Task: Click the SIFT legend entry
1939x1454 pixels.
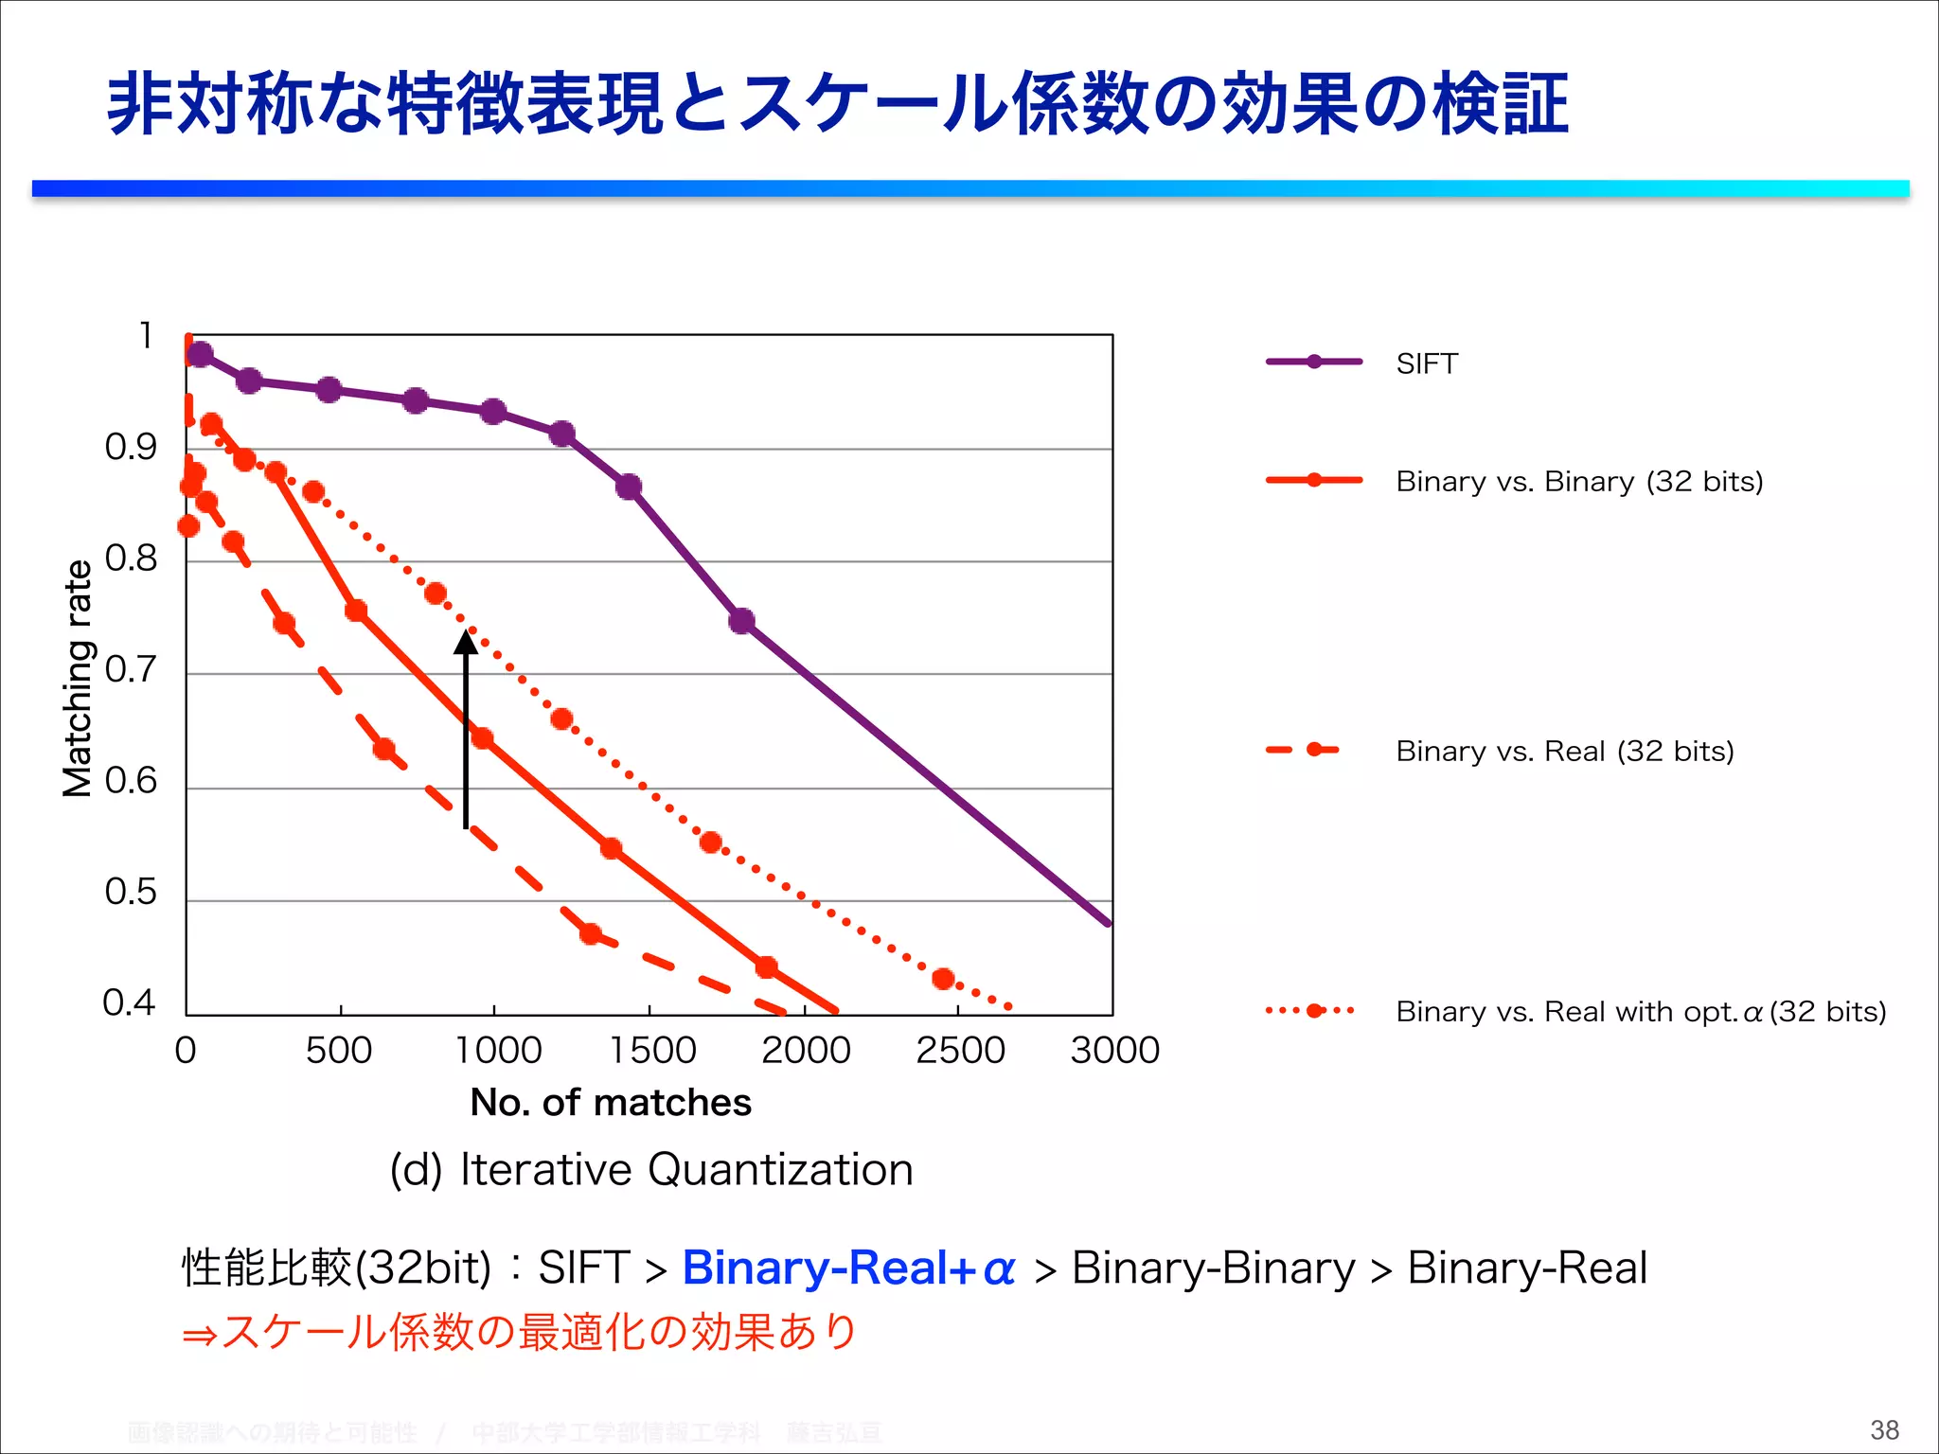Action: coord(1426,363)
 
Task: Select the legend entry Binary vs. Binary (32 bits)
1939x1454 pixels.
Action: coord(1578,482)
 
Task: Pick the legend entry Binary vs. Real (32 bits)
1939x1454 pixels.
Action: coord(1564,752)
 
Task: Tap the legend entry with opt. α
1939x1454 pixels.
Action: coord(1640,1012)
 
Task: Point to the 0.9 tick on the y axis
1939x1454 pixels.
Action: coord(131,448)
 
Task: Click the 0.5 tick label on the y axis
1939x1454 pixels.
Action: coord(131,893)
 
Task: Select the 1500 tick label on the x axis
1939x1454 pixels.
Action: coord(651,1051)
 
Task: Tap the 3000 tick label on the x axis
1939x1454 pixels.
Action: coord(1114,1051)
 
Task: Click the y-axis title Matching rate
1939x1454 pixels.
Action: coord(78,678)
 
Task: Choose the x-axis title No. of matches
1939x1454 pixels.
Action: coord(611,1103)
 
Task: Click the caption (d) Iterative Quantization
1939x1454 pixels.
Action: coord(651,1170)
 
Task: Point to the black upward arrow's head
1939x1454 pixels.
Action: coord(465,643)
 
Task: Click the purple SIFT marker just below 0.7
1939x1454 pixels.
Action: coord(741,621)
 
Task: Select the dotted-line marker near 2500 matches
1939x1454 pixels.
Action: coord(943,978)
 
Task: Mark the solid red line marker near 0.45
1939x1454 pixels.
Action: coord(766,966)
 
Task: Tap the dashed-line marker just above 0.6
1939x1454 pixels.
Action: coord(383,750)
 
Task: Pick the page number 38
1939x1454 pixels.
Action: coord(1884,1430)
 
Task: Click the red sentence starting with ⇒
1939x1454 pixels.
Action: coord(519,1333)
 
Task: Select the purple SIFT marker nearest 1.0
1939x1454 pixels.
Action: coord(200,354)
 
